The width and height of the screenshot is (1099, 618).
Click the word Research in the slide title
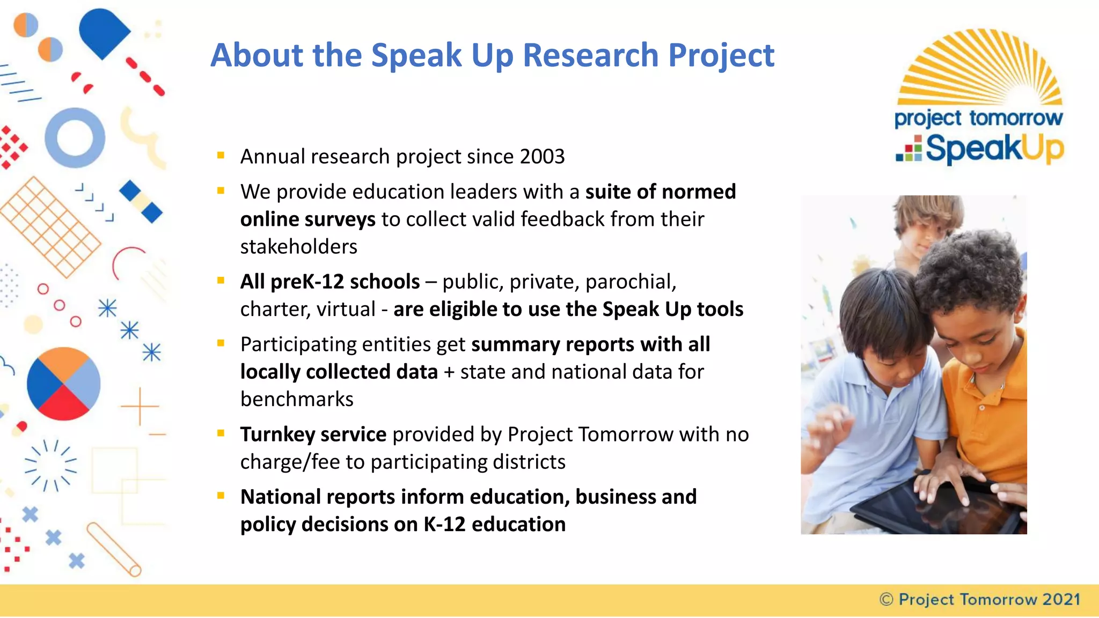coord(590,55)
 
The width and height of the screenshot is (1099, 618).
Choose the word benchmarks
coord(297,400)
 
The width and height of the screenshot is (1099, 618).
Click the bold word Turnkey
coord(277,435)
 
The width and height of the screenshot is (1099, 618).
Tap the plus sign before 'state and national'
coord(449,372)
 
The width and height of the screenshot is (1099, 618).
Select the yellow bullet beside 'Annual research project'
coord(221,156)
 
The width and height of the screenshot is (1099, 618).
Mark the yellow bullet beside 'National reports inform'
coord(221,496)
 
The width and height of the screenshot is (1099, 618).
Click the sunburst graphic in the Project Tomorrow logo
coord(980,67)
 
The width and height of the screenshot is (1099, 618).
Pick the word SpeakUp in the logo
coord(994,149)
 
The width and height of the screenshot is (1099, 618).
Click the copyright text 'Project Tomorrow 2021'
coord(989,599)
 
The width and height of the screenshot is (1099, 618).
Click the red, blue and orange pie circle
coord(63,384)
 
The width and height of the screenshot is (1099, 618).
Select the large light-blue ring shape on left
coord(75,138)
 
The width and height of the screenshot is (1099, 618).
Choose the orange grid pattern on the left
coord(49,226)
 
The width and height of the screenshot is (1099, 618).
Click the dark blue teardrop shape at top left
coord(103,32)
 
